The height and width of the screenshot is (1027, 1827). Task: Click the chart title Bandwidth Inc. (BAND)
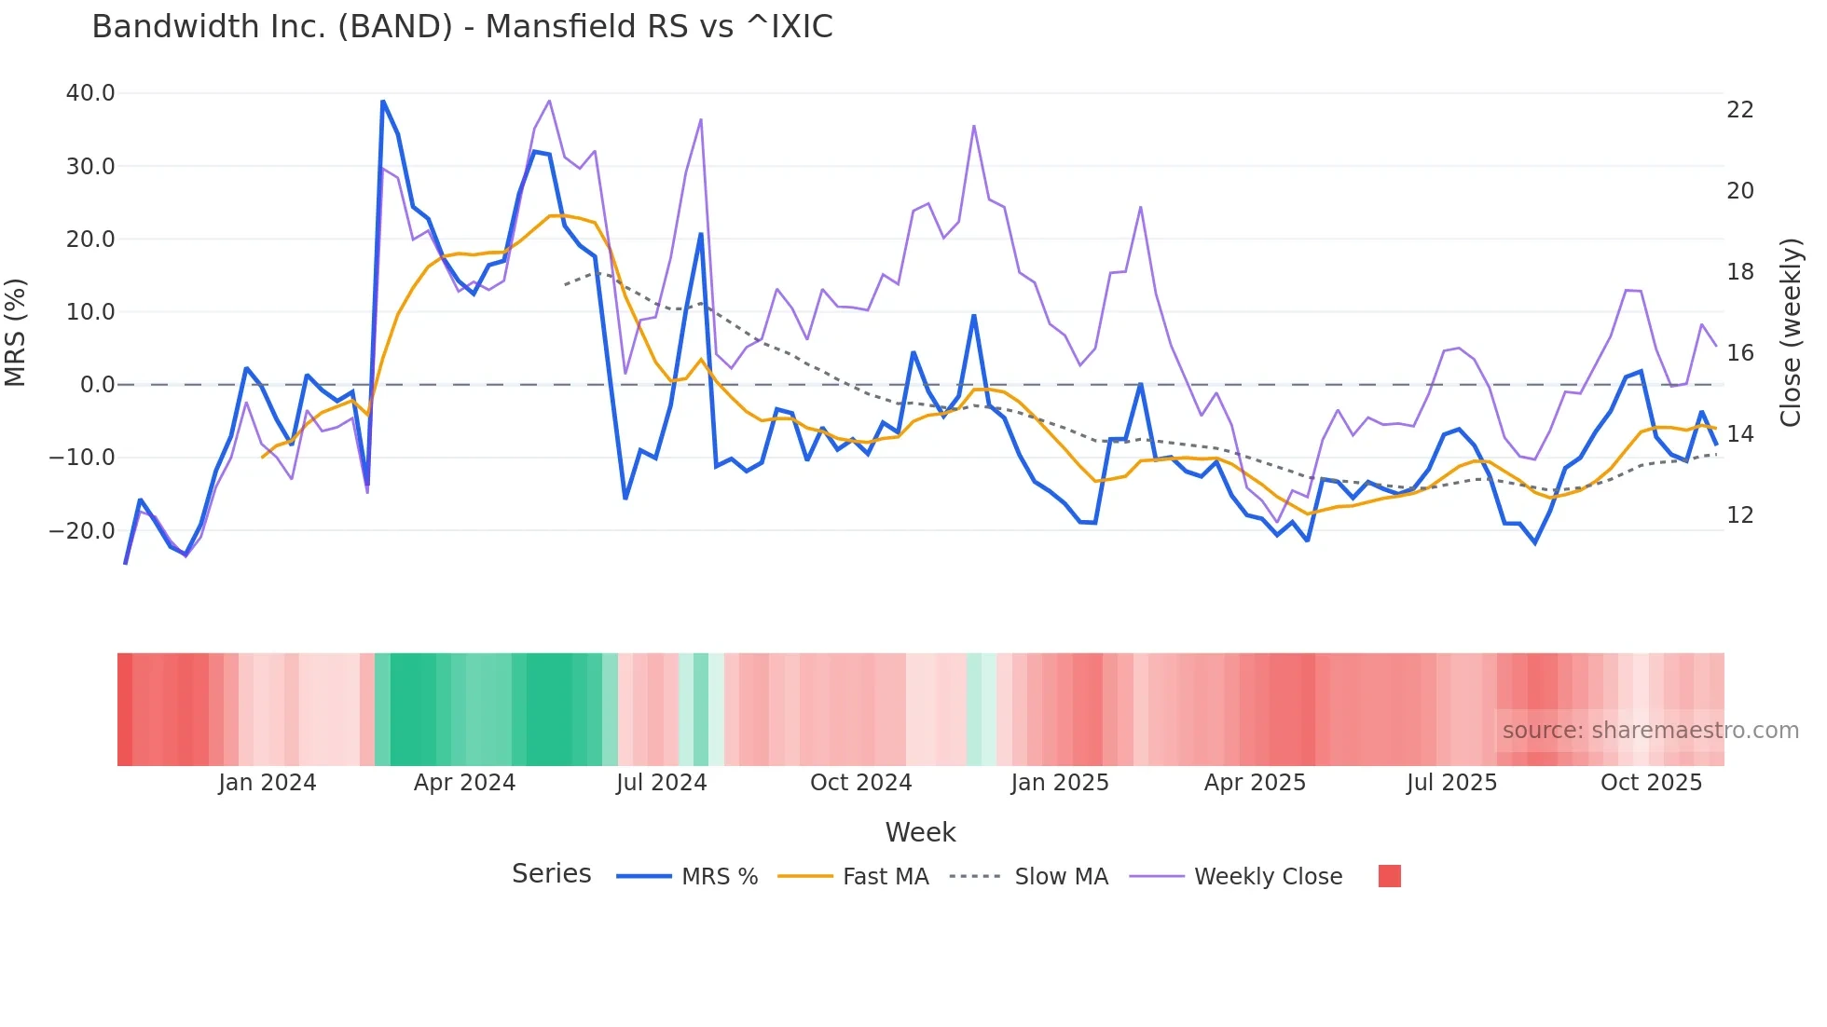tap(461, 27)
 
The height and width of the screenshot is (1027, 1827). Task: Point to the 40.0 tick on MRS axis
tap(90, 93)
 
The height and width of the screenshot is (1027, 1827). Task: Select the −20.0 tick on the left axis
tap(82, 531)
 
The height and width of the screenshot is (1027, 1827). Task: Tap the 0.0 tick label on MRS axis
tap(97, 385)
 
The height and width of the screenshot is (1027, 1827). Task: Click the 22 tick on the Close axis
tap(1739, 110)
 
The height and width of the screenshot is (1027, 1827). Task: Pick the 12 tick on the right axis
tap(1739, 515)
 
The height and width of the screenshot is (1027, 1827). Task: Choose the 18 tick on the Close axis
tap(1739, 272)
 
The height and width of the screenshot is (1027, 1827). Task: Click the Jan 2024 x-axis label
tap(268, 783)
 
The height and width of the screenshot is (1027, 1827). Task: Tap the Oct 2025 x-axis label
tap(1651, 783)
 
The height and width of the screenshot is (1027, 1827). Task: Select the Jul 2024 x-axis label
tap(661, 783)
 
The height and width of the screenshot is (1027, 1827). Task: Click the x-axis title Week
tap(920, 832)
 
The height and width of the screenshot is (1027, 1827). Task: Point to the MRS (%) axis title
tap(16, 333)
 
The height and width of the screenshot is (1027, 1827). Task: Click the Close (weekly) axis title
tap(1791, 333)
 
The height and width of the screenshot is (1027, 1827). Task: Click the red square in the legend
tap(1389, 876)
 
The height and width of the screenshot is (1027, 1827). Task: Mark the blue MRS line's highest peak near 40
tap(383, 102)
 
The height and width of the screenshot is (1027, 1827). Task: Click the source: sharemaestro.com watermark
tap(1650, 731)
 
